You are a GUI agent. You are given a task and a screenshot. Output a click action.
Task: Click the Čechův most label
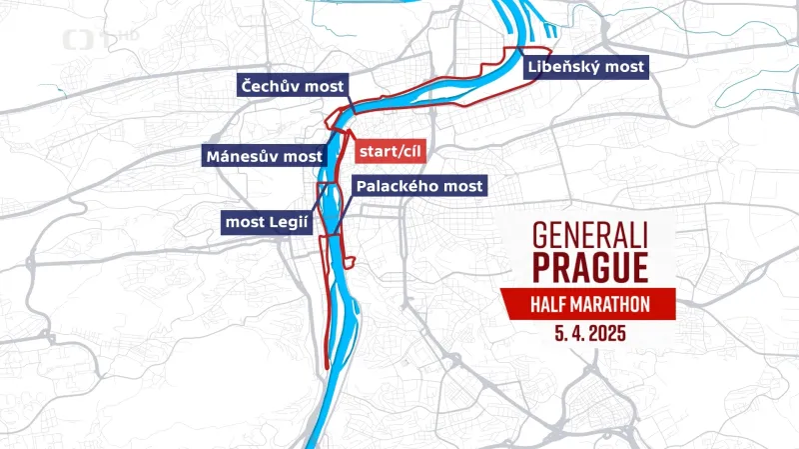click(291, 87)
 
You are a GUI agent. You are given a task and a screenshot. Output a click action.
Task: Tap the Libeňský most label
click(585, 67)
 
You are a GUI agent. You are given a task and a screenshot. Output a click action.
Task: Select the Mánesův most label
click(264, 156)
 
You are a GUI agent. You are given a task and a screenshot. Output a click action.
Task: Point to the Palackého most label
click(418, 186)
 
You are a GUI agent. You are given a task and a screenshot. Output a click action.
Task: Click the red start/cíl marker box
click(391, 151)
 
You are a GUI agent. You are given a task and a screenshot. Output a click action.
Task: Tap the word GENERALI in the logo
click(590, 236)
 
